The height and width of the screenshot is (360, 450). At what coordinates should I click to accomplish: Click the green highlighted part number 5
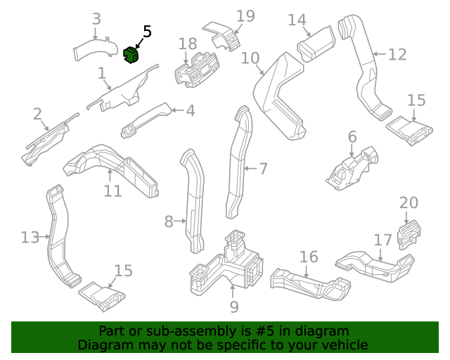(131, 54)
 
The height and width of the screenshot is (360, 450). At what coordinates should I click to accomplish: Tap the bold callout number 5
(147, 32)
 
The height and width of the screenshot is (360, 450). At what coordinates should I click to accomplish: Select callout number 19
(245, 16)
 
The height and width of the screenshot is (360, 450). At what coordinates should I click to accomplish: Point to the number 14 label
(297, 20)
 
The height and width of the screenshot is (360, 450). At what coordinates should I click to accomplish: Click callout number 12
(397, 54)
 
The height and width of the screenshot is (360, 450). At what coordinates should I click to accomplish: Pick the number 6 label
(352, 136)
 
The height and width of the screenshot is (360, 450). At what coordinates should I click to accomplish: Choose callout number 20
(409, 203)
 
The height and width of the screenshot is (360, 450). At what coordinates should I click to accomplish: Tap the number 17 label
(382, 240)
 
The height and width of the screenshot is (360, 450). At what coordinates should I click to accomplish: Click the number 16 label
(309, 257)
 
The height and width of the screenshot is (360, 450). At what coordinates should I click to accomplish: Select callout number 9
(234, 307)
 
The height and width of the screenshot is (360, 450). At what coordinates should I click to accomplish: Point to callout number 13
(30, 238)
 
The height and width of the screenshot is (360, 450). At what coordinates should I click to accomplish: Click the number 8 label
(169, 222)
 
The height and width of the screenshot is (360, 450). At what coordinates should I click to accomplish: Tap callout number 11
(112, 191)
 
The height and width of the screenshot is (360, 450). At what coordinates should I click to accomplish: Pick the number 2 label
(37, 114)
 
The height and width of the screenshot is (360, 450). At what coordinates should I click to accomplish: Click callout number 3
(97, 19)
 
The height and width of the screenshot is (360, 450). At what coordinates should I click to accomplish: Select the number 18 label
(188, 44)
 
